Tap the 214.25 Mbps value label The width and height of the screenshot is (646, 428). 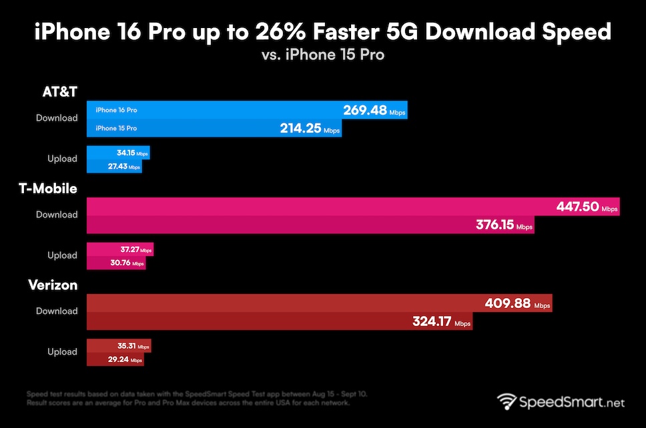coord(310,128)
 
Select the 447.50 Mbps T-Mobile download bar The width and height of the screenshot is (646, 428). coord(353,207)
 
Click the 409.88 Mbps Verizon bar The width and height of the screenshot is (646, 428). coord(320,303)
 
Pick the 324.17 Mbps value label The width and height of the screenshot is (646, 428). coord(440,322)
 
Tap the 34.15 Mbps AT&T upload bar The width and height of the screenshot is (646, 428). coord(118,153)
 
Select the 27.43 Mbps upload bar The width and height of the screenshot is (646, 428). coord(114,166)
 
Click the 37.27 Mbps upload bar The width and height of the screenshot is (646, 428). coord(120,250)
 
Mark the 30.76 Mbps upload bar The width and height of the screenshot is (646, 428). coord(116,263)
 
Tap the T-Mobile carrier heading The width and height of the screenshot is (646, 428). coord(47,189)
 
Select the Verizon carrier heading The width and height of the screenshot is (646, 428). coord(53,285)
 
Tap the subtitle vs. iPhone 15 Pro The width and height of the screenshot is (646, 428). coord(323,55)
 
